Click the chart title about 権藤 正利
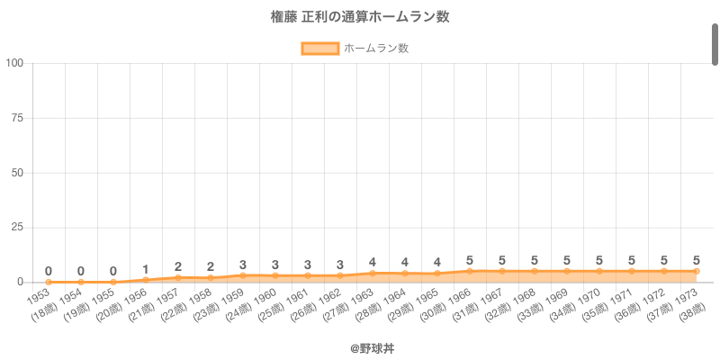coord(360,17)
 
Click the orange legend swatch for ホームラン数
coord(319,49)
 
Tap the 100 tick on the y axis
coord(14,63)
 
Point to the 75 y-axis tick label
coord(17,118)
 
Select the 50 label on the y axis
coord(17,173)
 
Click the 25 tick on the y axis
coord(17,228)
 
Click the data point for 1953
coord(49,282)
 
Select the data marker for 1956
coord(146,280)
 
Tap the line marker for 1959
coord(243,275)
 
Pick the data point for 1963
coord(373,274)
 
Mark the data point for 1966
coord(470,271)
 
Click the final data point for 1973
coord(697,271)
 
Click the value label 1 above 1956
coord(146,269)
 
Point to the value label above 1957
coord(178,266)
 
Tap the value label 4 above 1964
coord(405,263)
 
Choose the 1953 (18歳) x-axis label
coord(41,302)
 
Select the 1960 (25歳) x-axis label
coord(268,302)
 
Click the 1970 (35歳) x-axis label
coord(592,302)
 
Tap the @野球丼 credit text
coord(360,346)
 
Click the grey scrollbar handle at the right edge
coord(715,45)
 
